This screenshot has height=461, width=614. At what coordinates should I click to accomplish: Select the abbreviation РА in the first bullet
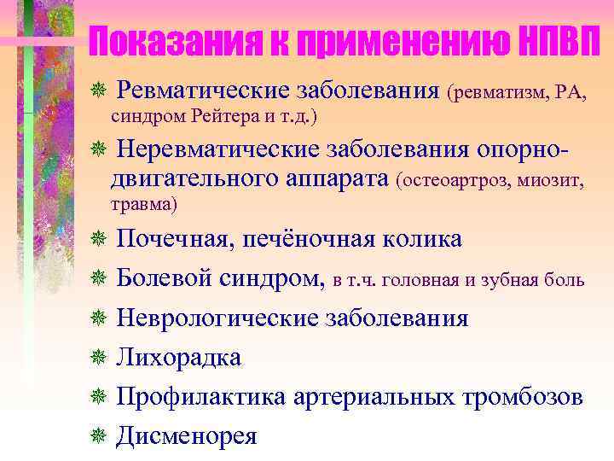point(571,90)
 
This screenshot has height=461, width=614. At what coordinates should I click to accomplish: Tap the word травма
point(142,205)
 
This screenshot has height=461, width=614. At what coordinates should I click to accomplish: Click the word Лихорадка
point(179,357)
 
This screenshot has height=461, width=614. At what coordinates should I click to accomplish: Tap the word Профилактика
point(201,396)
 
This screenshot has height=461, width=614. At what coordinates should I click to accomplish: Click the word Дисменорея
point(187,435)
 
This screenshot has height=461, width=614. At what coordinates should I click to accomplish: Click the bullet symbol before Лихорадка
point(98,358)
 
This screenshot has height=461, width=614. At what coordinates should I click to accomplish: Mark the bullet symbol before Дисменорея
point(98,436)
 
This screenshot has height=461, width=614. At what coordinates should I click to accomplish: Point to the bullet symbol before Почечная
point(98,240)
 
